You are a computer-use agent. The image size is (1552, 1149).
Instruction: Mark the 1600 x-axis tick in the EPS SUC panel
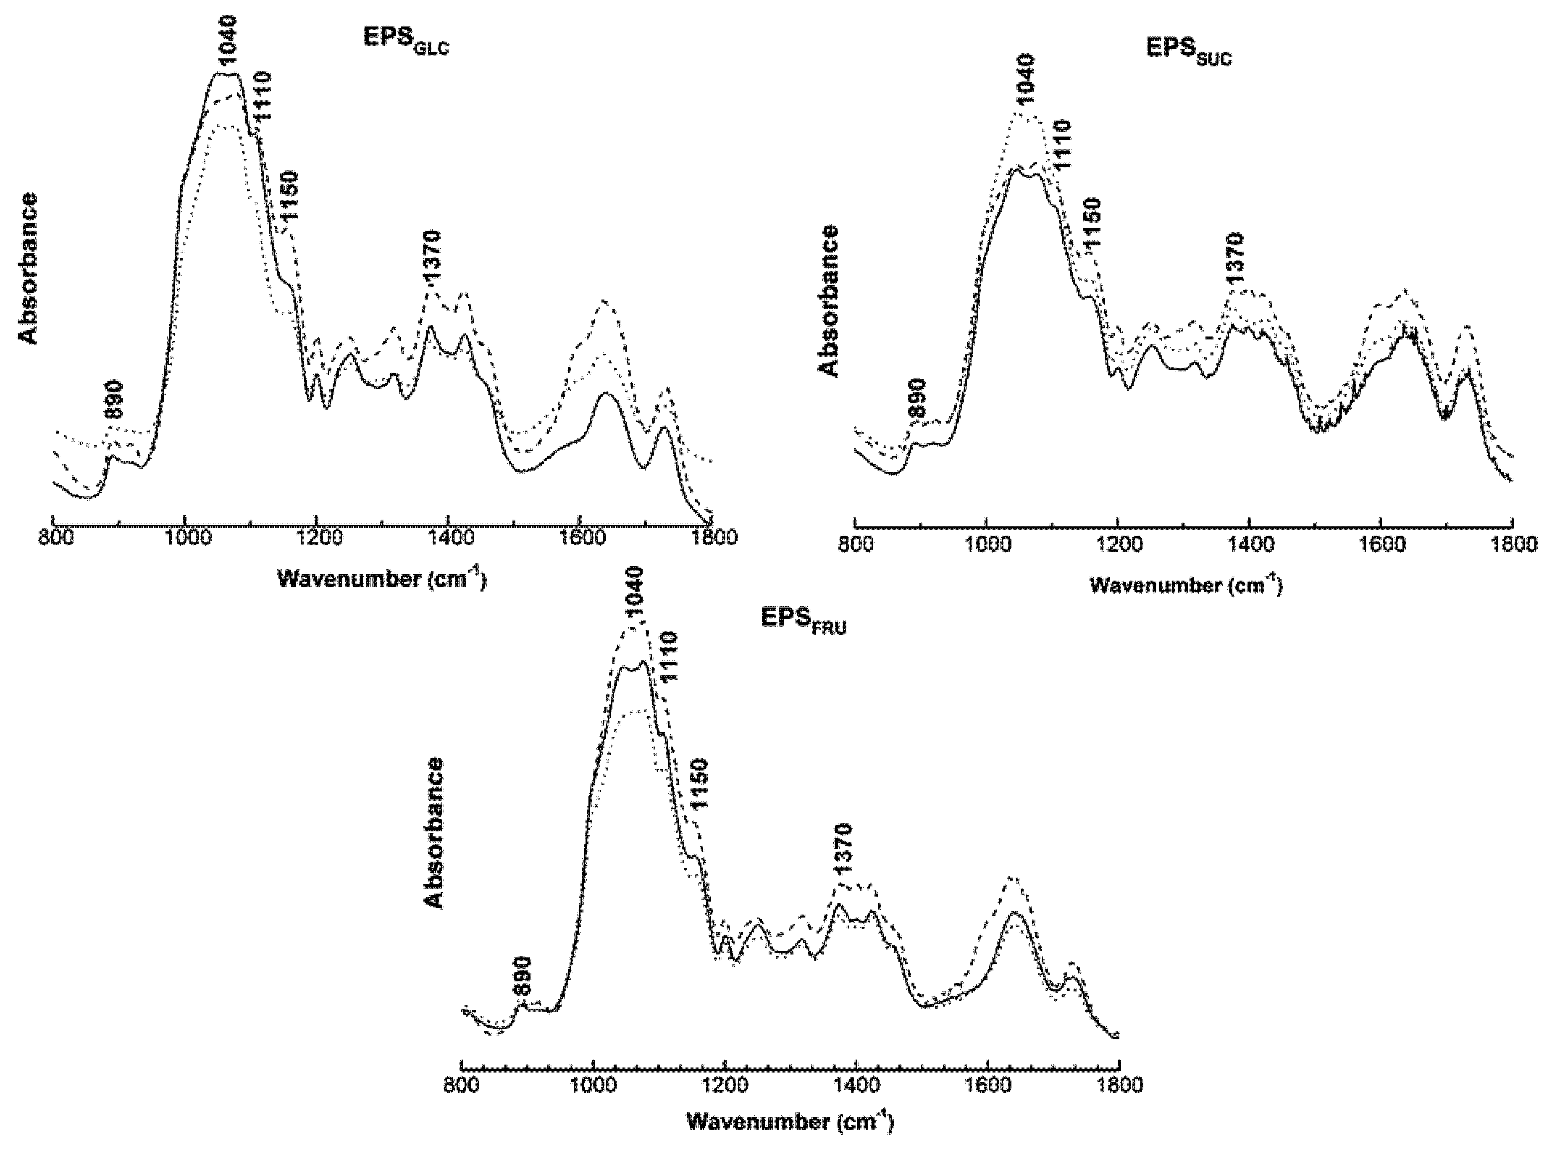click(1380, 544)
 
